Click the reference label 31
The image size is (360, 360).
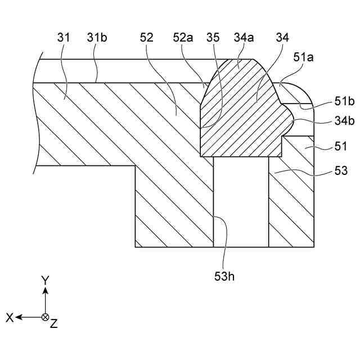(x=64, y=38)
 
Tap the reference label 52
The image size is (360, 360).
(x=147, y=38)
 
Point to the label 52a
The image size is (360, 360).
(x=183, y=38)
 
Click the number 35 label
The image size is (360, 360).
(x=213, y=38)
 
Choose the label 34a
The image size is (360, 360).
(x=243, y=38)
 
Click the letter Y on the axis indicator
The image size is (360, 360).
(x=46, y=280)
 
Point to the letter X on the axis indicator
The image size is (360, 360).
(x=10, y=318)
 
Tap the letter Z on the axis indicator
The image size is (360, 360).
(x=54, y=323)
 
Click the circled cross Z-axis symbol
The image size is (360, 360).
(x=46, y=317)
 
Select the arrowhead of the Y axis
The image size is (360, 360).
(x=46, y=290)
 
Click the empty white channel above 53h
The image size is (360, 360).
(x=241, y=202)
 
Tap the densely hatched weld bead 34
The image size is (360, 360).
(x=247, y=124)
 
